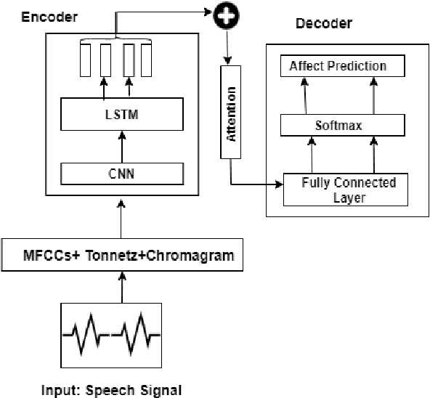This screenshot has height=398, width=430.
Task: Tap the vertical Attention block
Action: (231, 112)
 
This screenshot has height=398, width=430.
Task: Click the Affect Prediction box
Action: (338, 67)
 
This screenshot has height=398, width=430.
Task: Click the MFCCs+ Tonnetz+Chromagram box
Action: (121, 256)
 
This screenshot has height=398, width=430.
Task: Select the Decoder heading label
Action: (324, 24)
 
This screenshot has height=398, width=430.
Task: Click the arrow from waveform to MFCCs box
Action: (121, 287)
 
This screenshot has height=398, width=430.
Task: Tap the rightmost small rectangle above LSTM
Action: (146, 60)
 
